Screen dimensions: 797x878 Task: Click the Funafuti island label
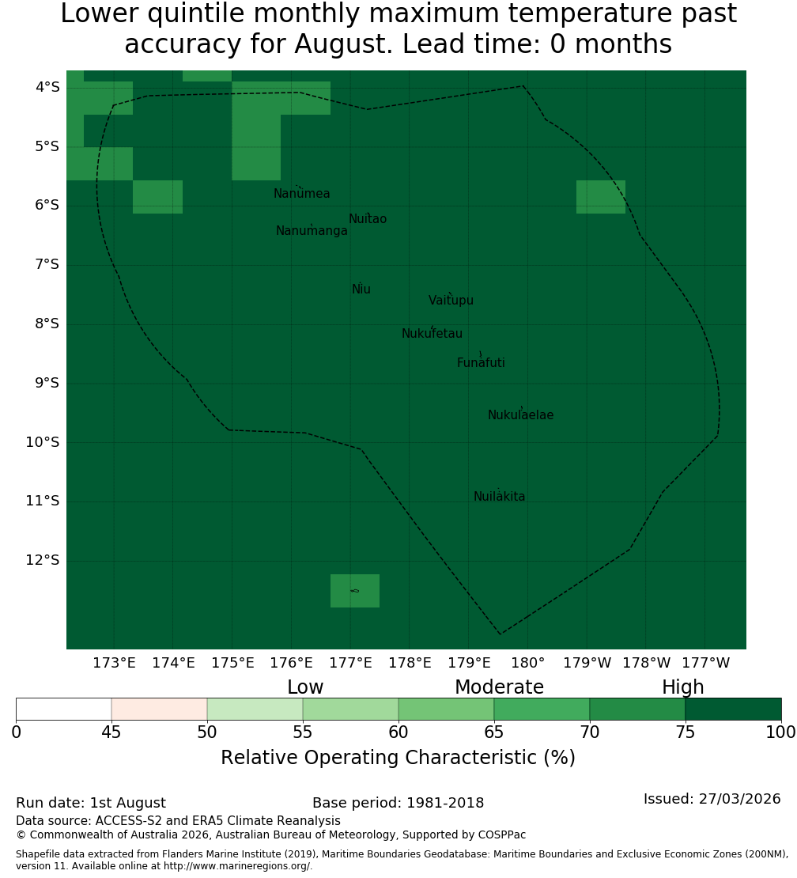(481, 362)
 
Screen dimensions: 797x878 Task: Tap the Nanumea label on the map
(302, 193)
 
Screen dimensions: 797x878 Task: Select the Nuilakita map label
(499, 496)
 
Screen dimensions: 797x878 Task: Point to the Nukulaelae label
(520, 415)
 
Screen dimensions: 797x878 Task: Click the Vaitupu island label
(451, 300)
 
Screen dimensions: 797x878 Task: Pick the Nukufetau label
(432, 333)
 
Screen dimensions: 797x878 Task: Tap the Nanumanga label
(312, 231)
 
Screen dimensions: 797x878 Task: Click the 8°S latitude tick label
(47, 324)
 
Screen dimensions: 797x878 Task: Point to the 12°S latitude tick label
(43, 560)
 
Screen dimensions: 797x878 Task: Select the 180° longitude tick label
(528, 663)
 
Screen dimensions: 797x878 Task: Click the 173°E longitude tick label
(114, 663)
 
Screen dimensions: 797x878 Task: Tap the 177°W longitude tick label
(706, 663)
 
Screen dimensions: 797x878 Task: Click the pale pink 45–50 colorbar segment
(160, 709)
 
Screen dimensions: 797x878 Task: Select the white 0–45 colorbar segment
(64, 709)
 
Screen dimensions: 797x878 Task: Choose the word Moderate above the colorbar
(499, 687)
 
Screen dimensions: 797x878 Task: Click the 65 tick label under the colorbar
(493, 732)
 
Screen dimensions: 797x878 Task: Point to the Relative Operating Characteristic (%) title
(398, 757)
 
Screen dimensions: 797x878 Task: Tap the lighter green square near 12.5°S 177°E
(355, 591)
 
